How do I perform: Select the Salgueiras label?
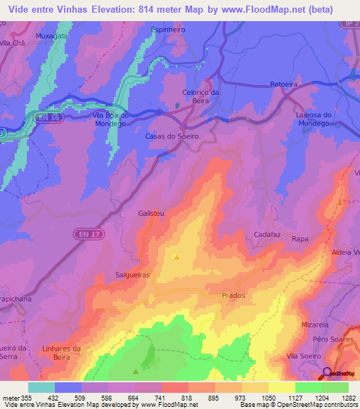(132, 276)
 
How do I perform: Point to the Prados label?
(233, 295)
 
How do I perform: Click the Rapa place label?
(300, 239)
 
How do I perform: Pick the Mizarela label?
(315, 325)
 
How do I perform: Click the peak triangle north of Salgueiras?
(175, 257)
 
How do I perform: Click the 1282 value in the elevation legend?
(348, 397)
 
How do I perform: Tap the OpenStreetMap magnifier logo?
(327, 372)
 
